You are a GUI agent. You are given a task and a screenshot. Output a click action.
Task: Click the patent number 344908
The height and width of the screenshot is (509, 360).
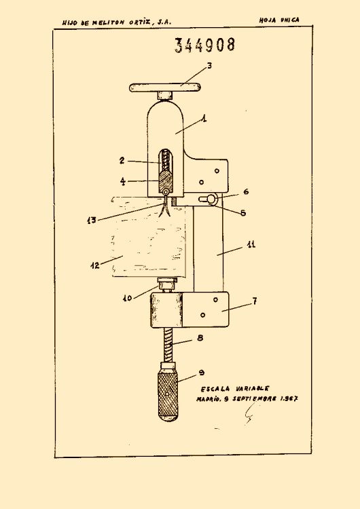click(x=204, y=45)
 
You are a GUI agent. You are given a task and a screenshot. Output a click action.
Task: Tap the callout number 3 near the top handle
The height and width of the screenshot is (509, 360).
click(x=209, y=66)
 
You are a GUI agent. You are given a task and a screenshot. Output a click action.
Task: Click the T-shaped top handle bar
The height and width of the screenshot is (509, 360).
click(x=165, y=88)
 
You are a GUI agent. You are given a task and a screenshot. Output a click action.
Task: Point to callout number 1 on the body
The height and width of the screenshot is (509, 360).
click(x=204, y=119)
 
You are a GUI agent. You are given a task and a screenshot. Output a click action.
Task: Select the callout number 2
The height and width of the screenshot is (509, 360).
click(x=122, y=160)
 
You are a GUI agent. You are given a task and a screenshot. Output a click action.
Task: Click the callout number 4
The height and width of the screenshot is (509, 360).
click(x=122, y=181)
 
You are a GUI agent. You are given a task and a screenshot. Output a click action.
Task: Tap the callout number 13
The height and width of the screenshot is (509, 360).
click(x=92, y=220)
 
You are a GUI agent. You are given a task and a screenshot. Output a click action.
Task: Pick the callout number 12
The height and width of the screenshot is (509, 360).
click(x=95, y=265)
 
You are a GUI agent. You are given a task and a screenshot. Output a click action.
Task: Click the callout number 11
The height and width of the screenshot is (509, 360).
click(x=251, y=244)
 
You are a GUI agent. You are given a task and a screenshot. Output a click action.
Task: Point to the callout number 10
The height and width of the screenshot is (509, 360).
click(x=128, y=298)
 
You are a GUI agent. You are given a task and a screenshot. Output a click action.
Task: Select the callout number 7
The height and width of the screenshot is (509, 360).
click(x=255, y=301)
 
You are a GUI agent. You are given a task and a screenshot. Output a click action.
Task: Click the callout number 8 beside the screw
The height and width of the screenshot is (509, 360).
click(x=200, y=338)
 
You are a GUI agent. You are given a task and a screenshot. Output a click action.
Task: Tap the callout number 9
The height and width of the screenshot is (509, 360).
click(x=202, y=373)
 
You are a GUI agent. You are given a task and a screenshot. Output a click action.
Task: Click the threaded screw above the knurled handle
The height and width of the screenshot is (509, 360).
click(x=168, y=345)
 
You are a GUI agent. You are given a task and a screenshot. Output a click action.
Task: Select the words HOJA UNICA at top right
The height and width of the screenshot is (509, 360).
click(x=279, y=20)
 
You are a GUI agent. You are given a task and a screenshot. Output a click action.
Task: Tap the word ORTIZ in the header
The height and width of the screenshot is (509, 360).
click(x=140, y=22)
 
